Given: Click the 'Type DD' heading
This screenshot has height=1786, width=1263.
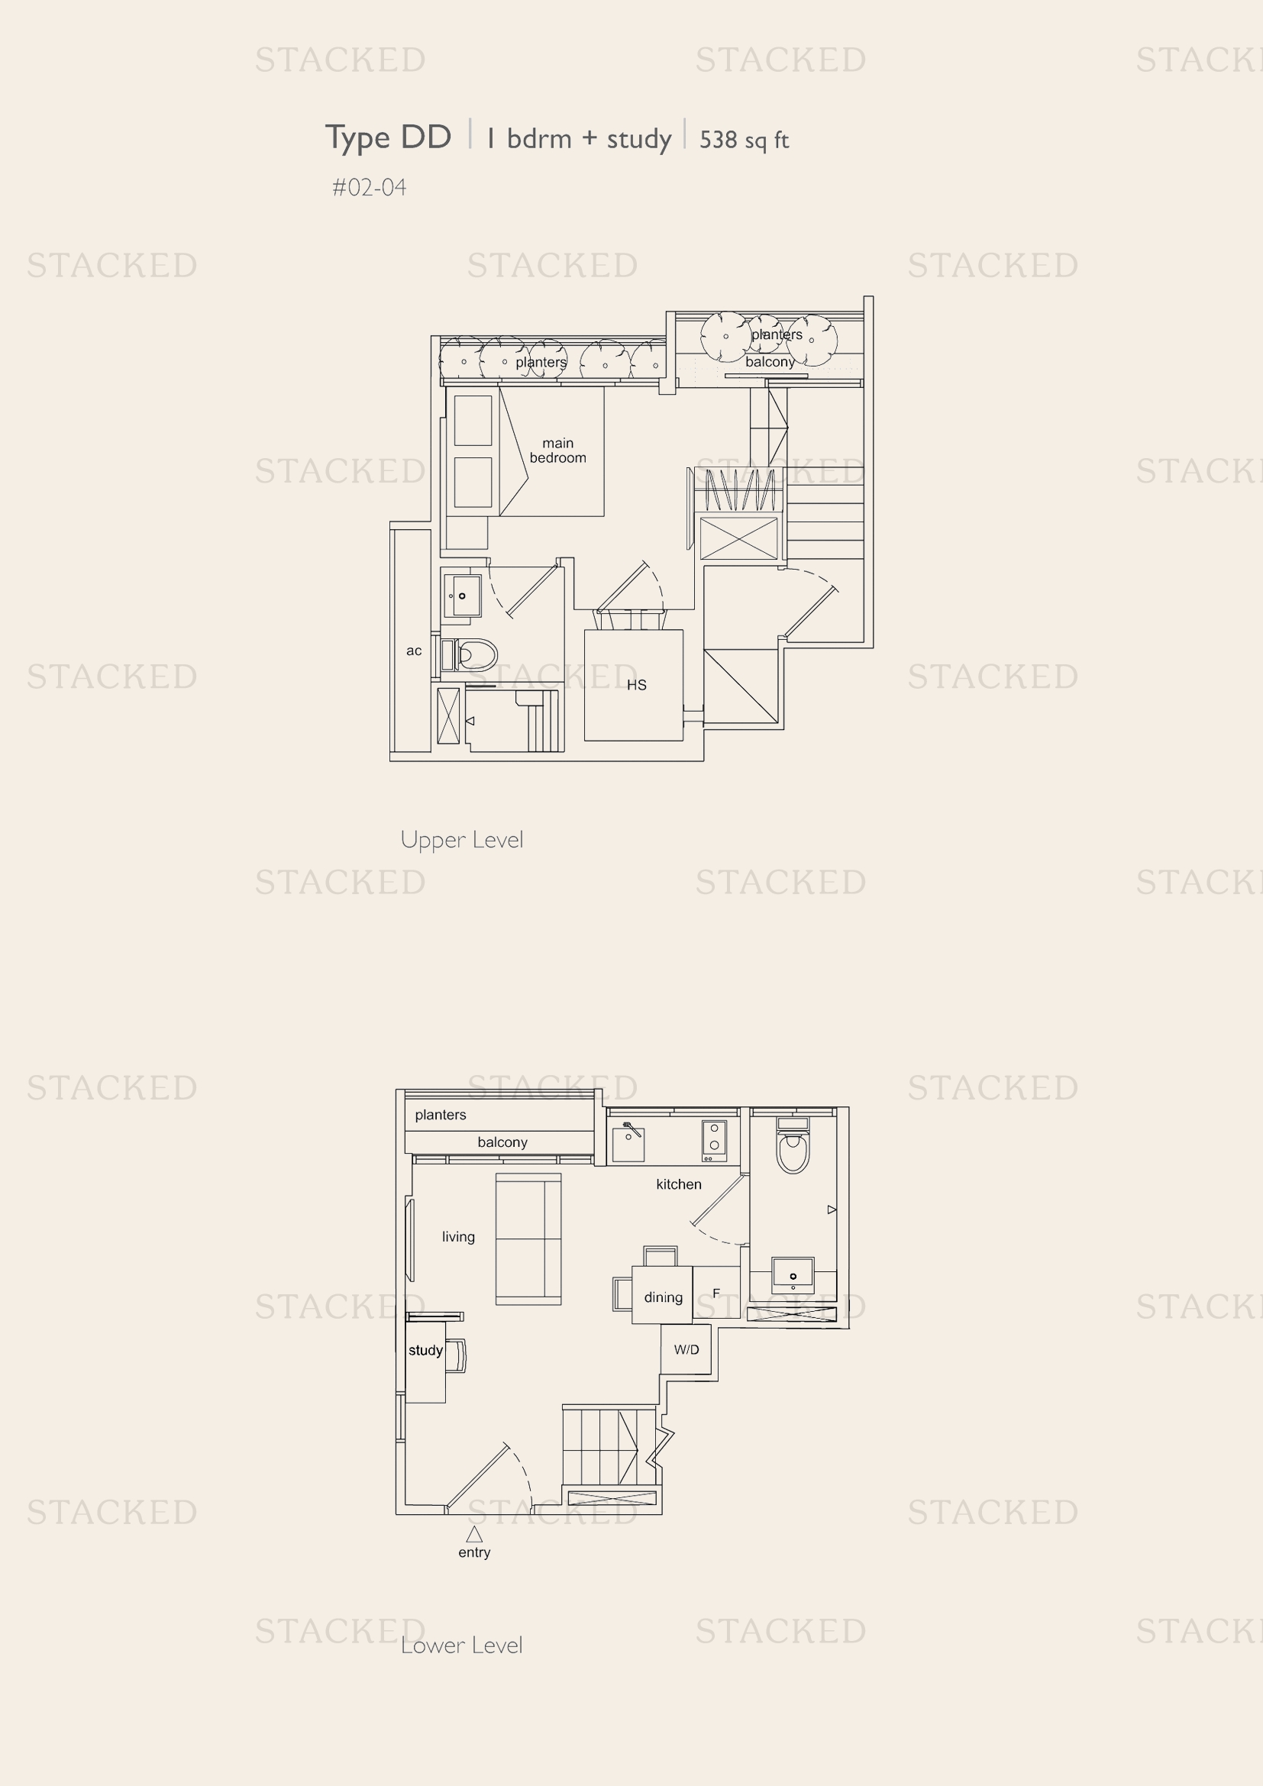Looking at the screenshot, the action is click(x=388, y=137).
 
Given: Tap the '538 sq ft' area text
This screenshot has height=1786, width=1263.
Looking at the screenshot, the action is click(x=745, y=140).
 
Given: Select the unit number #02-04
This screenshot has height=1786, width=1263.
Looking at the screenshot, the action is click(x=369, y=188).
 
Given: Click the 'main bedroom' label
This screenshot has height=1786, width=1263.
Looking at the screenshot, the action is click(x=557, y=451).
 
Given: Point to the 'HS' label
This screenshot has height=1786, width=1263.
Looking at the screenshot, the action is click(x=636, y=684).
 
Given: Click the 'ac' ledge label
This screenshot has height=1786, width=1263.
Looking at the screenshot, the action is click(x=414, y=651).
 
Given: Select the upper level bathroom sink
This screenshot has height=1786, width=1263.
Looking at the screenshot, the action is click(x=462, y=596).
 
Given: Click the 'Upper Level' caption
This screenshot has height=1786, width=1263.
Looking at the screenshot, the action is click(x=462, y=839).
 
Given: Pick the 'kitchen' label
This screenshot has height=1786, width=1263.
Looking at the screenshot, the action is click(x=678, y=1184).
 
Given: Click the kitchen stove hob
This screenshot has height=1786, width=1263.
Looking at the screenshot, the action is click(x=714, y=1140).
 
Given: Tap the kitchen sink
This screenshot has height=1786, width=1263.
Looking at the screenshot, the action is click(x=628, y=1144).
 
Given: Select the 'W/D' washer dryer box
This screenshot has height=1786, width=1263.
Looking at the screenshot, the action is click(x=686, y=1349).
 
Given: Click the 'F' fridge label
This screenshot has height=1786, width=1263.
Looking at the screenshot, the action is click(x=716, y=1293).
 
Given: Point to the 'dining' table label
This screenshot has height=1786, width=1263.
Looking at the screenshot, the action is click(x=663, y=1297).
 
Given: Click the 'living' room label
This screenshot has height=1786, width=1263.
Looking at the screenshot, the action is click(x=458, y=1237).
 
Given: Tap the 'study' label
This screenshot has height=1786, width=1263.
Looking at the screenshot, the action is click(x=425, y=1349).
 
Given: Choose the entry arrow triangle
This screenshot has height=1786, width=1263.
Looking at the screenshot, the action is click(x=473, y=1534).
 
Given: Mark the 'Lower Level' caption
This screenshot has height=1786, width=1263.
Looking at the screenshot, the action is click(x=462, y=1646).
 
